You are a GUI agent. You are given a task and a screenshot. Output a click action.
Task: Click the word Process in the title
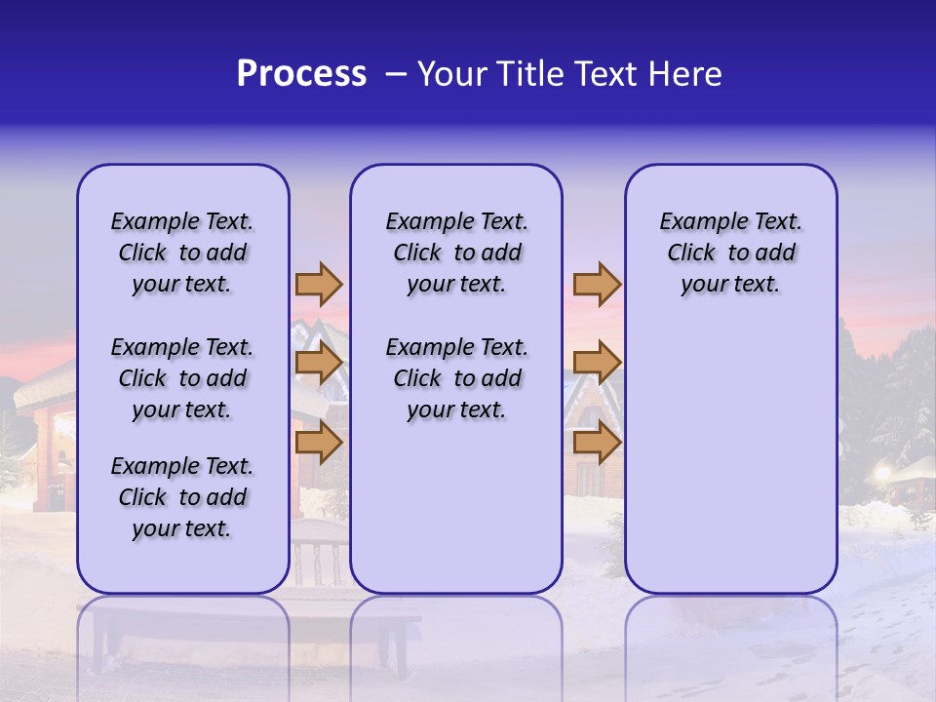click(x=301, y=74)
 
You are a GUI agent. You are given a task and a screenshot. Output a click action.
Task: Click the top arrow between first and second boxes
click(x=319, y=285)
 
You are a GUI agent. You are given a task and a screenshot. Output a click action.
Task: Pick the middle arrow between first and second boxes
click(x=319, y=364)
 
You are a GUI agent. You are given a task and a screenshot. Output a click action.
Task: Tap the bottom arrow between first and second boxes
click(x=319, y=443)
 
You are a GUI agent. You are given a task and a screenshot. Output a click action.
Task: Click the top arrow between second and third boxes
click(x=597, y=285)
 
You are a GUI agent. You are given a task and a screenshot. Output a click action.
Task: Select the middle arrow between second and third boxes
click(x=597, y=364)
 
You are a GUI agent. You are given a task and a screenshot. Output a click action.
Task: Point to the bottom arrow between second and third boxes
click(x=597, y=443)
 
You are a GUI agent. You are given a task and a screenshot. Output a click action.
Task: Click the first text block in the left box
click(x=182, y=253)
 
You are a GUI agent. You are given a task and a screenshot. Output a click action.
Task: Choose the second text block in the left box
click(x=182, y=378)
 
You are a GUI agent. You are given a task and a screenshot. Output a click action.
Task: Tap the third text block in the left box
click(x=182, y=497)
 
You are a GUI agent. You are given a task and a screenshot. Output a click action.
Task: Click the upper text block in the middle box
click(x=456, y=253)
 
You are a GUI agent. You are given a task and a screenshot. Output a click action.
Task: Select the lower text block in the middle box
click(x=456, y=378)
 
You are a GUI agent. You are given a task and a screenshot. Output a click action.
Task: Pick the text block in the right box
click(x=731, y=253)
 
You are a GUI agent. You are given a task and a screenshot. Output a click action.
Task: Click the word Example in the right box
click(x=695, y=222)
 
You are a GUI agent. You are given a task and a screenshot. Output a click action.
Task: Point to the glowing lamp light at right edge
click(x=883, y=473)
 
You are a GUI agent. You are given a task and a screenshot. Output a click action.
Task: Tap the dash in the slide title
click(x=395, y=74)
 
